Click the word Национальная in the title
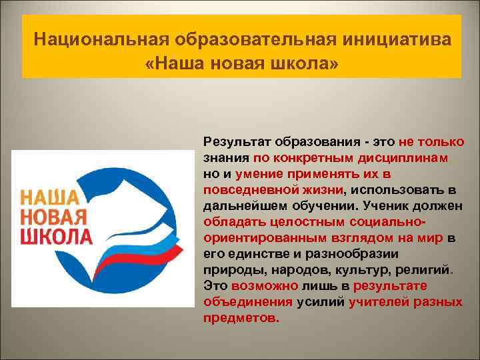coord(100,38)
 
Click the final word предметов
coord(241,317)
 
